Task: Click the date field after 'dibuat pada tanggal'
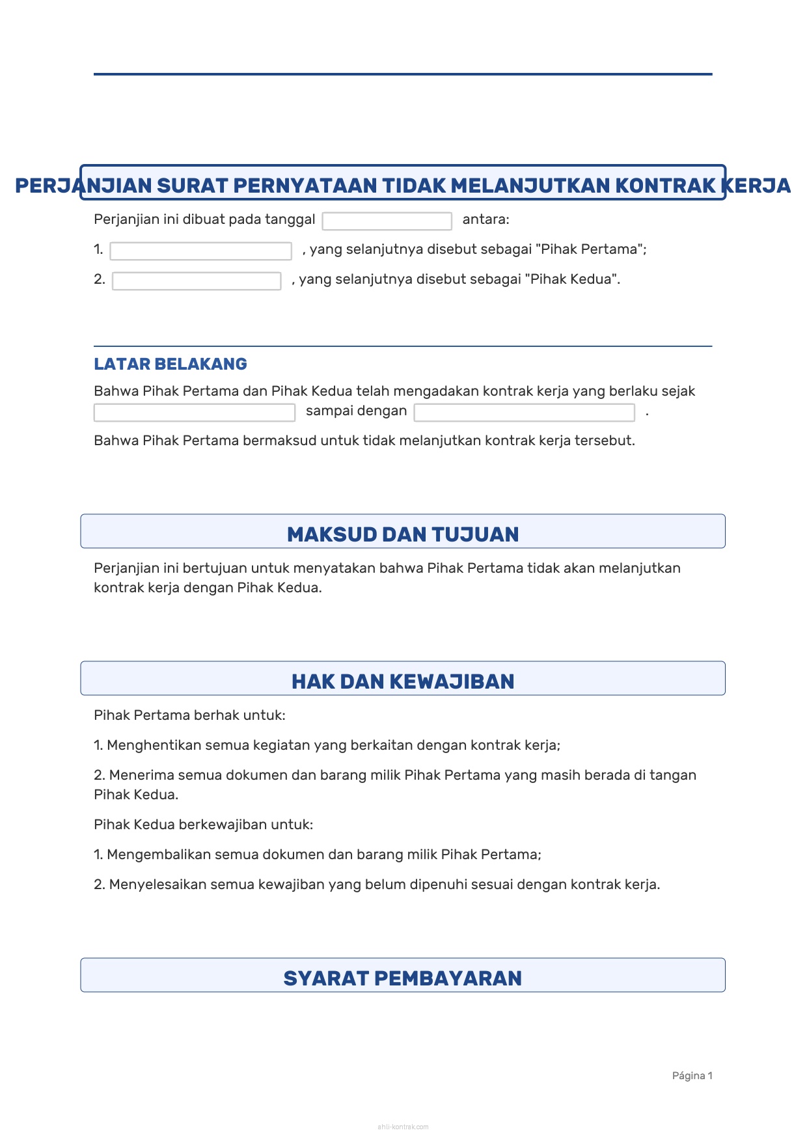tap(387, 221)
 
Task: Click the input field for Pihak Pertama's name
tap(200, 251)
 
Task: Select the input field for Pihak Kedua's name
tap(197, 281)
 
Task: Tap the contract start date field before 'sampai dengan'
tap(195, 413)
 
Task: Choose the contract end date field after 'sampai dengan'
tap(524, 413)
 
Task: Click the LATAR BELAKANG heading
tap(171, 364)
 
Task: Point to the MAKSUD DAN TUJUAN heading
tap(403, 534)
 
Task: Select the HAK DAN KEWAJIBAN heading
tap(403, 681)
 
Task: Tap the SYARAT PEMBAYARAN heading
tap(403, 978)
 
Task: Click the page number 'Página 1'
tap(692, 1075)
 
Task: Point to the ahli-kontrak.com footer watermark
tap(403, 1127)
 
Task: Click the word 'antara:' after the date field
tap(486, 219)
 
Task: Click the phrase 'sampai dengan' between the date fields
tap(356, 411)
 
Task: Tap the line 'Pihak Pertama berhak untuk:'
tap(189, 715)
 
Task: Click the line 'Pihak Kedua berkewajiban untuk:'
tap(203, 825)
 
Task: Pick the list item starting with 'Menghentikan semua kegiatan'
tap(327, 745)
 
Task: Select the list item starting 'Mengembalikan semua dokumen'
tap(318, 855)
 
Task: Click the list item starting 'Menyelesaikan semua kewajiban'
tap(377, 885)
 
